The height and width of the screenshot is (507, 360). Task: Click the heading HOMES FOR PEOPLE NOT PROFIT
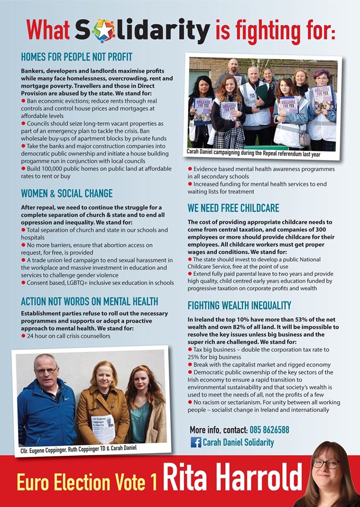[77, 57]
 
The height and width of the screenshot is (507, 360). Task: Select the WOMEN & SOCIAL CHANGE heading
[67, 193]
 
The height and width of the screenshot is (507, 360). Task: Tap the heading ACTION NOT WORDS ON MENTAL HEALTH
[89, 302]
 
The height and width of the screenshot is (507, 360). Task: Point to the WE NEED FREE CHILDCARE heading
[233, 208]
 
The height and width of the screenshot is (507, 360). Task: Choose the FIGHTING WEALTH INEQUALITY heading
[239, 306]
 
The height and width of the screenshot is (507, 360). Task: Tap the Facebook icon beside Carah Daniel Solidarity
[196, 443]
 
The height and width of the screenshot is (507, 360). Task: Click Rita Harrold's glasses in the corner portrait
[326, 463]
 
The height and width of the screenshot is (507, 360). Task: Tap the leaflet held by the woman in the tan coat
[104, 427]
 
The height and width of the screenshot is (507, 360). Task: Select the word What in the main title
[48, 31]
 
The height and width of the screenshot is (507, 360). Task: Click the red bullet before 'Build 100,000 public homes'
[23, 168]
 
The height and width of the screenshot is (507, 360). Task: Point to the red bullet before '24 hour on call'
[23, 336]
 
